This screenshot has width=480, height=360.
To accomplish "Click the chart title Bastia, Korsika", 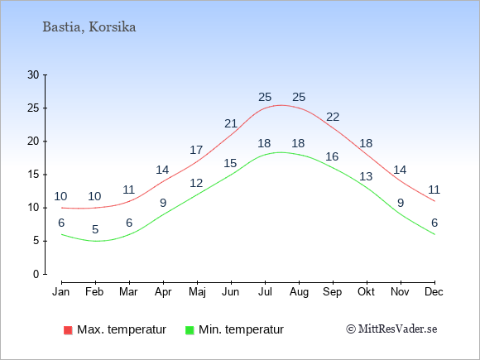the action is click(x=89, y=27).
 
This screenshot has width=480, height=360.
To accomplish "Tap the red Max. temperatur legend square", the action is click(x=68, y=330).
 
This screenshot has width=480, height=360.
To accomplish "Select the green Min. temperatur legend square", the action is click(x=190, y=330).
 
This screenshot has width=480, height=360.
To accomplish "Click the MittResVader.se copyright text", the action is click(x=391, y=329).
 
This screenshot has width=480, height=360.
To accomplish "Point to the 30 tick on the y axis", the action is click(x=33, y=74).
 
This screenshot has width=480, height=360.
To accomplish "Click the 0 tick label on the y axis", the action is click(x=36, y=274).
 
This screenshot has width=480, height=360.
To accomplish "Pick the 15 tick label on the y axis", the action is click(x=33, y=175).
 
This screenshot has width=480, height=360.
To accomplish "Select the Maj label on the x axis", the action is click(x=197, y=292).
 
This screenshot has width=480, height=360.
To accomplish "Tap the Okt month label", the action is click(x=366, y=292).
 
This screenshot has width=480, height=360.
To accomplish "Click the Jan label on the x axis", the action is click(x=61, y=292).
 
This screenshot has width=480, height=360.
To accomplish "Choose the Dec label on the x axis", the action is click(x=434, y=292).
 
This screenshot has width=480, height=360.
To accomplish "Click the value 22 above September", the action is click(x=333, y=117).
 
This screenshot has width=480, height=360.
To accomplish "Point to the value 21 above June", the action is click(x=231, y=123).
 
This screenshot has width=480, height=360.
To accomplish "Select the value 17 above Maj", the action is click(x=196, y=150).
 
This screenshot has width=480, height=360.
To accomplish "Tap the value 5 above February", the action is click(x=95, y=229).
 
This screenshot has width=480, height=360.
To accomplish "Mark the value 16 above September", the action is click(x=332, y=156).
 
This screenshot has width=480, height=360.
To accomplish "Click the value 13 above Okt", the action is click(x=366, y=176).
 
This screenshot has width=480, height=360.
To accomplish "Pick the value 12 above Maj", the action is click(x=196, y=183).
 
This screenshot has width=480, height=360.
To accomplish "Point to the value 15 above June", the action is click(x=230, y=163).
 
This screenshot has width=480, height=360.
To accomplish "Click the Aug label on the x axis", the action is click(x=299, y=292).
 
